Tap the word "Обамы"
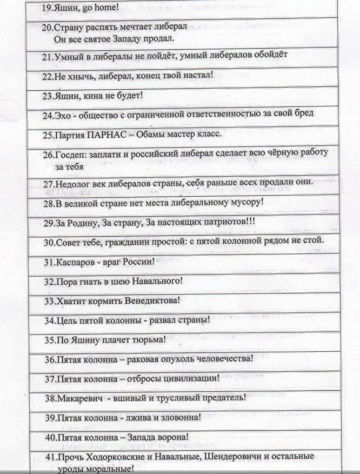(155, 134)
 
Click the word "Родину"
(82, 223)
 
